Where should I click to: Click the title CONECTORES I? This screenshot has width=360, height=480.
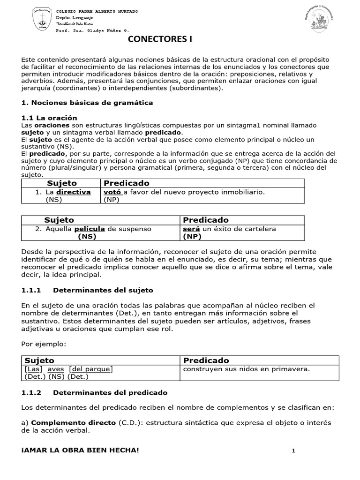pos(160,40)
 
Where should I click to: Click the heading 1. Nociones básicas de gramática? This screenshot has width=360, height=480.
pos(87,102)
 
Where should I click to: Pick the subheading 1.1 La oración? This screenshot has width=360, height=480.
pos(49,118)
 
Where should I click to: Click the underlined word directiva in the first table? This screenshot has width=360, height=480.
pos(74,192)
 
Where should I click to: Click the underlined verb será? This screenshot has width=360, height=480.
pos(191,229)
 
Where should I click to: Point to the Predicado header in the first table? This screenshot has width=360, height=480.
pos(127,183)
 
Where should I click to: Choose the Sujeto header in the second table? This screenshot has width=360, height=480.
pos(59,220)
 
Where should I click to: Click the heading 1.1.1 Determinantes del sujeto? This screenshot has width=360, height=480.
pos(87,291)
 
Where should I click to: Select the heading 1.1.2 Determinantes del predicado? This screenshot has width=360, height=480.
pos(94,392)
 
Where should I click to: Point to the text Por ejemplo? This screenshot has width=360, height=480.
pos(44,344)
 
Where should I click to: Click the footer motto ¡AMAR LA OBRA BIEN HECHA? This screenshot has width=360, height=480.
pos(80,450)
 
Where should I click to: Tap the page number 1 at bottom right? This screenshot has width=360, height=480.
pos(293,451)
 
